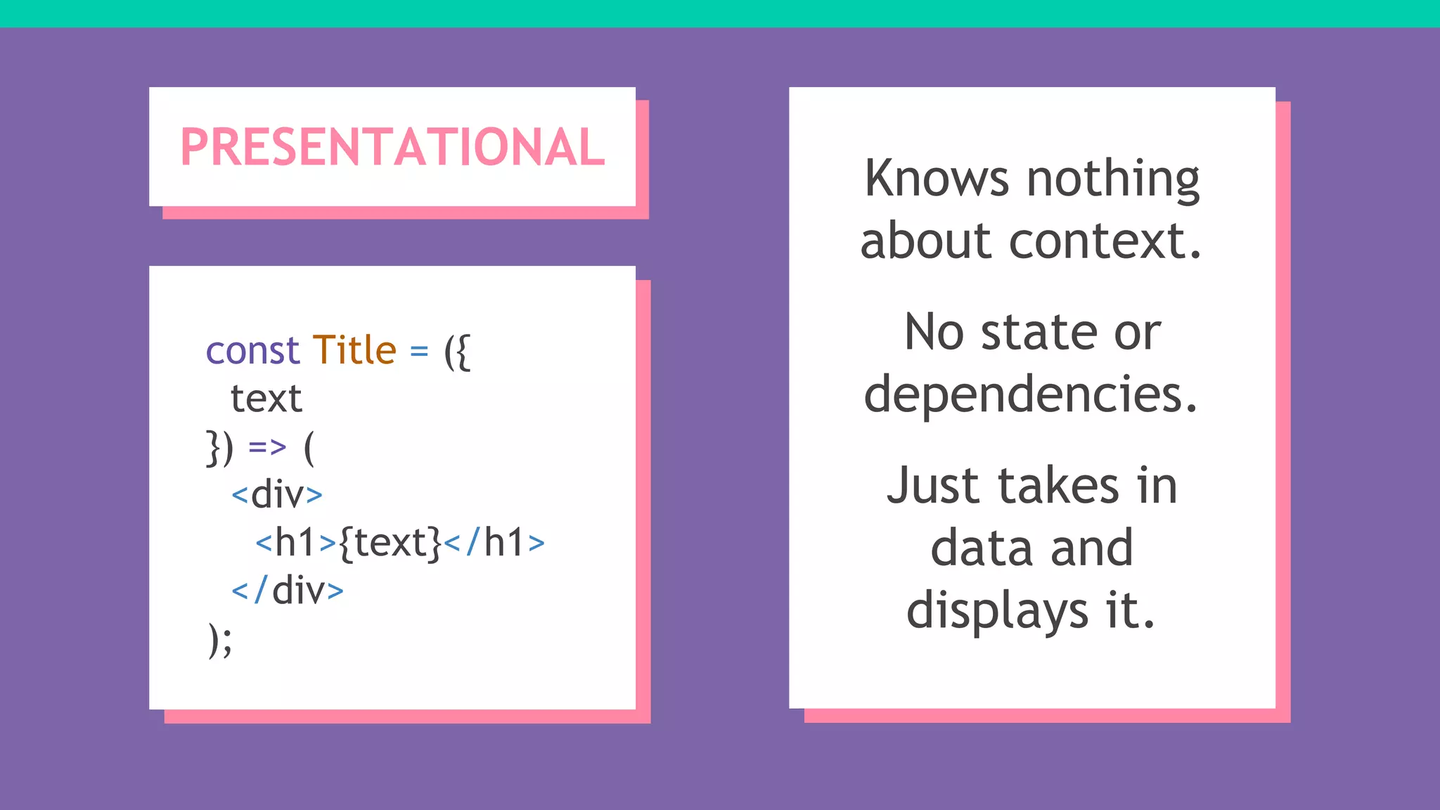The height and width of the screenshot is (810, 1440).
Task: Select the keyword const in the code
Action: pyautogui.click(x=252, y=350)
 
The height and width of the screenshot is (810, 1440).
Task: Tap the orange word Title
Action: pyautogui.click(x=354, y=350)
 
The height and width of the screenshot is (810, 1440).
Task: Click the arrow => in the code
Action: pyautogui.click(x=267, y=447)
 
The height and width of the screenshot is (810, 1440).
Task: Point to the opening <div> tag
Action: pyautogui.click(x=277, y=495)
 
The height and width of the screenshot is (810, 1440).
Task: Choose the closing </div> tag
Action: pyautogui.click(x=288, y=591)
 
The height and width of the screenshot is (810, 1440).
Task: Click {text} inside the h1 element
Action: pyautogui.click(x=390, y=544)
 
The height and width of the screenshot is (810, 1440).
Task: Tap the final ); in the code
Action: pyautogui.click(x=220, y=640)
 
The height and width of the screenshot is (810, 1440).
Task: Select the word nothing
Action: pyautogui.click(x=1113, y=180)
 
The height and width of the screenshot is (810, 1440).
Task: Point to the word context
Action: pyautogui.click(x=1105, y=241)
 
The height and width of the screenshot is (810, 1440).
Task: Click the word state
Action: pyautogui.click(x=1039, y=332)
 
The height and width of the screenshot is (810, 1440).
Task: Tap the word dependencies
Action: pyautogui.click(x=1030, y=394)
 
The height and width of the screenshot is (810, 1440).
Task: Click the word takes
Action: pyautogui.click(x=1058, y=486)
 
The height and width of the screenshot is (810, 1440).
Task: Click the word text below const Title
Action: pyautogui.click(x=266, y=399)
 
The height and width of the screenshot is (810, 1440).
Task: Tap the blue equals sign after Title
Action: pyautogui.click(x=419, y=351)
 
